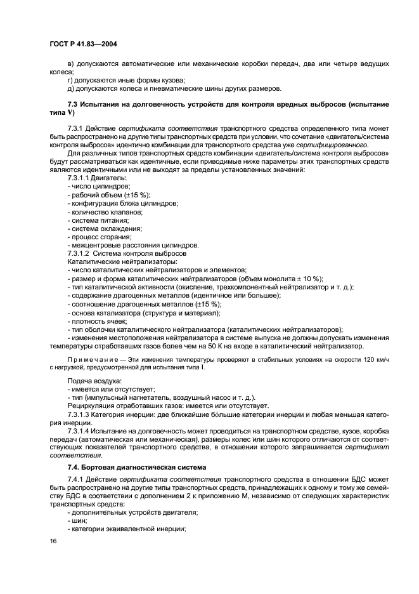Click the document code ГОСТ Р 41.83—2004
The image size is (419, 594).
click(x=82, y=44)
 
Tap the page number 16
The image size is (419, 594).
click(x=53, y=541)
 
